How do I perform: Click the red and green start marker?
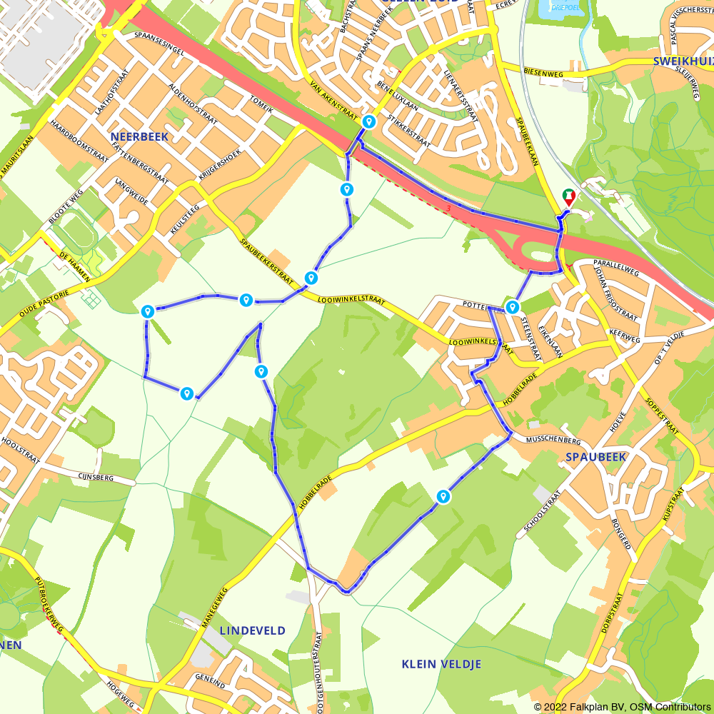(569, 195)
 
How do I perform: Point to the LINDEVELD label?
(252, 630)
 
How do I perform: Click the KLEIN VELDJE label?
(441, 664)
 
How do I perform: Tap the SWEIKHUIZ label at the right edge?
(683, 61)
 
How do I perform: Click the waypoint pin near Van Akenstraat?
(368, 122)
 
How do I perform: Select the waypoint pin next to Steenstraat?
(512, 308)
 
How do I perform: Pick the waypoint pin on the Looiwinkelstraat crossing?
(311, 278)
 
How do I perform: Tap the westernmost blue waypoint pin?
(147, 311)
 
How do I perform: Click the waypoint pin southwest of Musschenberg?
(443, 496)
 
